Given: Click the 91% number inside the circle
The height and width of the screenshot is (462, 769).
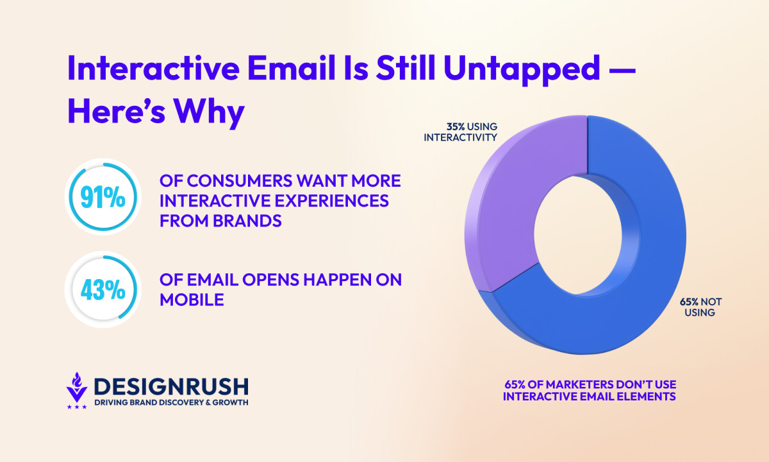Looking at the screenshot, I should (103, 198).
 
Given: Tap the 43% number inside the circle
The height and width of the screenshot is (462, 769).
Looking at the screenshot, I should (103, 290).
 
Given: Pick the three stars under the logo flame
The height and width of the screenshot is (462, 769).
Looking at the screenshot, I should (77, 406).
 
